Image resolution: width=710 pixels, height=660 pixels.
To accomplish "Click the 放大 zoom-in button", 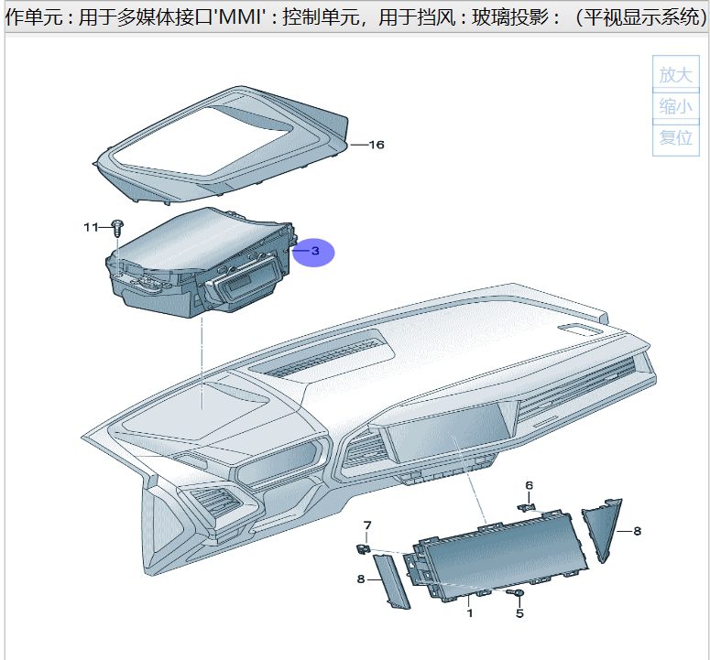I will click(676, 74).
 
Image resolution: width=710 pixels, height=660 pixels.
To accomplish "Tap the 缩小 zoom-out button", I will click(676, 106).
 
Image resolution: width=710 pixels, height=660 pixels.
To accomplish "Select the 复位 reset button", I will click(676, 137).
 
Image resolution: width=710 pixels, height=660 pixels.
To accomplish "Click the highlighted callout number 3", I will click(314, 250).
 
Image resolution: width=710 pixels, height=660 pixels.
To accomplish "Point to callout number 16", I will click(376, 145).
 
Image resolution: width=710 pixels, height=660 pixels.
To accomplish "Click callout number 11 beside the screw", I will click(91, 226).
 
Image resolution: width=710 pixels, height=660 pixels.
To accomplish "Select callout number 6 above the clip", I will click(529, 484).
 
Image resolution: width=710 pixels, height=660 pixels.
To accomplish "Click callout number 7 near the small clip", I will click(367, 525).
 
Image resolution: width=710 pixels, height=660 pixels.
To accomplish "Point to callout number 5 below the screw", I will click(519, 613).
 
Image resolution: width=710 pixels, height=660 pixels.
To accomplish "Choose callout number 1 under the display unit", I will click(470, 613).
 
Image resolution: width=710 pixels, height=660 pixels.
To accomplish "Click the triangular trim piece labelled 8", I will click(605, 528).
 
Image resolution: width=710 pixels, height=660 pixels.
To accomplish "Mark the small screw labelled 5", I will click(518, 594).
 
